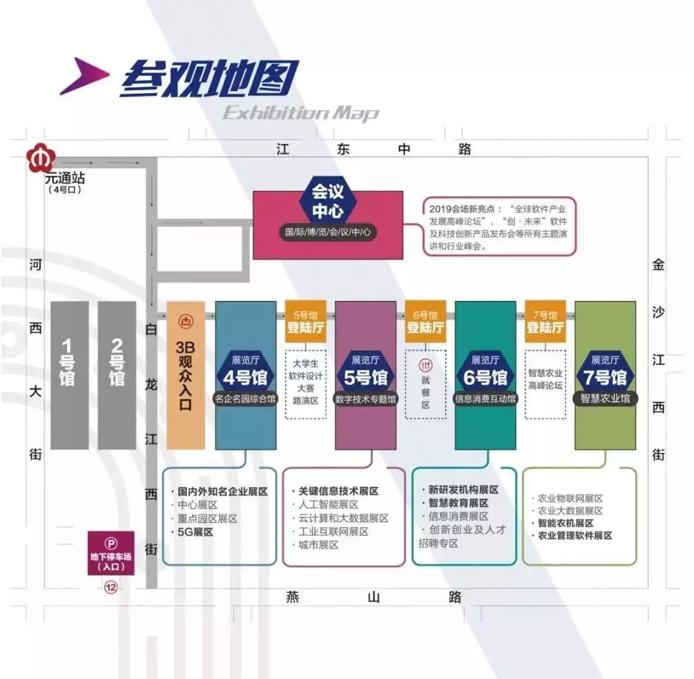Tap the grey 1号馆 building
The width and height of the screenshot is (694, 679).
[x=69, y=375]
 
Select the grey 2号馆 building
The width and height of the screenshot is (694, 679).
[x=117, y=375]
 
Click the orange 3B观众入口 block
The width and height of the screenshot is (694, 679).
[x=185, y=376]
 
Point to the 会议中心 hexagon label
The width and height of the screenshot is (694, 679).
[x=328, y=201]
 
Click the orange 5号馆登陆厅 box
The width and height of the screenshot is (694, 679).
[x=306, y=321]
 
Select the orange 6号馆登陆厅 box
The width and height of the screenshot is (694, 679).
[x=425, y=321]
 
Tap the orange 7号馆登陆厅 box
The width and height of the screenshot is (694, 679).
[x=546, y=321]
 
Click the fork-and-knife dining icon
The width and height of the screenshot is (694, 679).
[x=425, y=363]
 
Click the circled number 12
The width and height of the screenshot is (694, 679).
[x=111, y=587]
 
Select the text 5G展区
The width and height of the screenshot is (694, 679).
[x=195, y=532]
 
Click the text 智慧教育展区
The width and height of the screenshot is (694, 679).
[x=458, y=503]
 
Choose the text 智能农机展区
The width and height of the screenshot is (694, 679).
[x=565, y=523]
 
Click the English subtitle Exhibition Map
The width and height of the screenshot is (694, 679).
[x=301, y=114]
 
